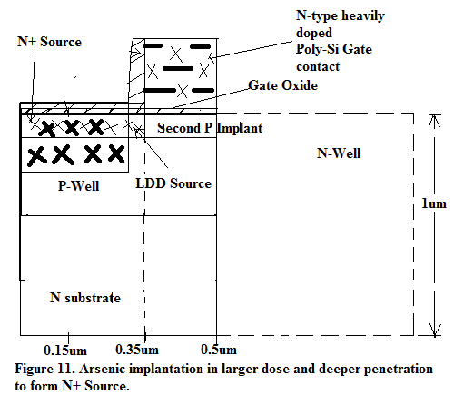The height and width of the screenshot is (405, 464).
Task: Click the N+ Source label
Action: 49,42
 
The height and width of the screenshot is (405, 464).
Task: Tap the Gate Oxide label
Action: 283,85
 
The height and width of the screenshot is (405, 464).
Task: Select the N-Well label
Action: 339,153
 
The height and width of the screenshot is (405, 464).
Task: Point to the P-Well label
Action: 78,185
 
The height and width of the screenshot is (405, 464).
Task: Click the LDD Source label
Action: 173,183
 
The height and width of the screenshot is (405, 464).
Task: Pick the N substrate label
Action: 85,298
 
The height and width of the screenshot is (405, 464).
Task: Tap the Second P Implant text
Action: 210,128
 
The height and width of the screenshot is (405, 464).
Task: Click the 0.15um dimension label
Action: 65,351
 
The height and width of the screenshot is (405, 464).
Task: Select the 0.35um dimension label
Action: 137,350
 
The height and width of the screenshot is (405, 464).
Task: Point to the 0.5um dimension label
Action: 219,350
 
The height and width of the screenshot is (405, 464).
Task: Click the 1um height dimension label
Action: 434,203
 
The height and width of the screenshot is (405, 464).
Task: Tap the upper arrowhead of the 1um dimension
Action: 434,115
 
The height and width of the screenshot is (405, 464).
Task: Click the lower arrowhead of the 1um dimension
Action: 435,335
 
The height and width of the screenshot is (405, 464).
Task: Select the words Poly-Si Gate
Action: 334,49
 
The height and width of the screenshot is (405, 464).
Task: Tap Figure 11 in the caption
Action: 44,369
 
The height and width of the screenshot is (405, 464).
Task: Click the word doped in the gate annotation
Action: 314,33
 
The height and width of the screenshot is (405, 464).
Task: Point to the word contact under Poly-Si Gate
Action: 318,66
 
